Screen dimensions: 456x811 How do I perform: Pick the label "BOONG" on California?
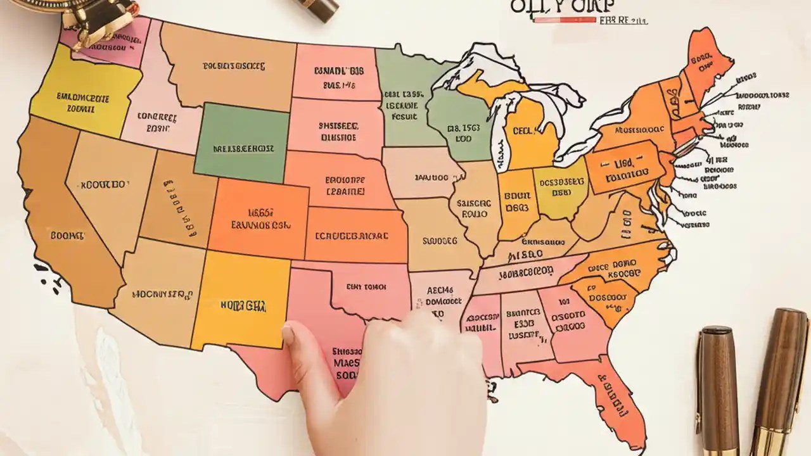point(67,236)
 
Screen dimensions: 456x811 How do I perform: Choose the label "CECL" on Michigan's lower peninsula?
point(525,131)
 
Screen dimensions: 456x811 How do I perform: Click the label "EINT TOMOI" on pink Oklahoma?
point(366,287)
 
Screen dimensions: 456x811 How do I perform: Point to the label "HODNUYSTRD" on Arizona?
point(162,294)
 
